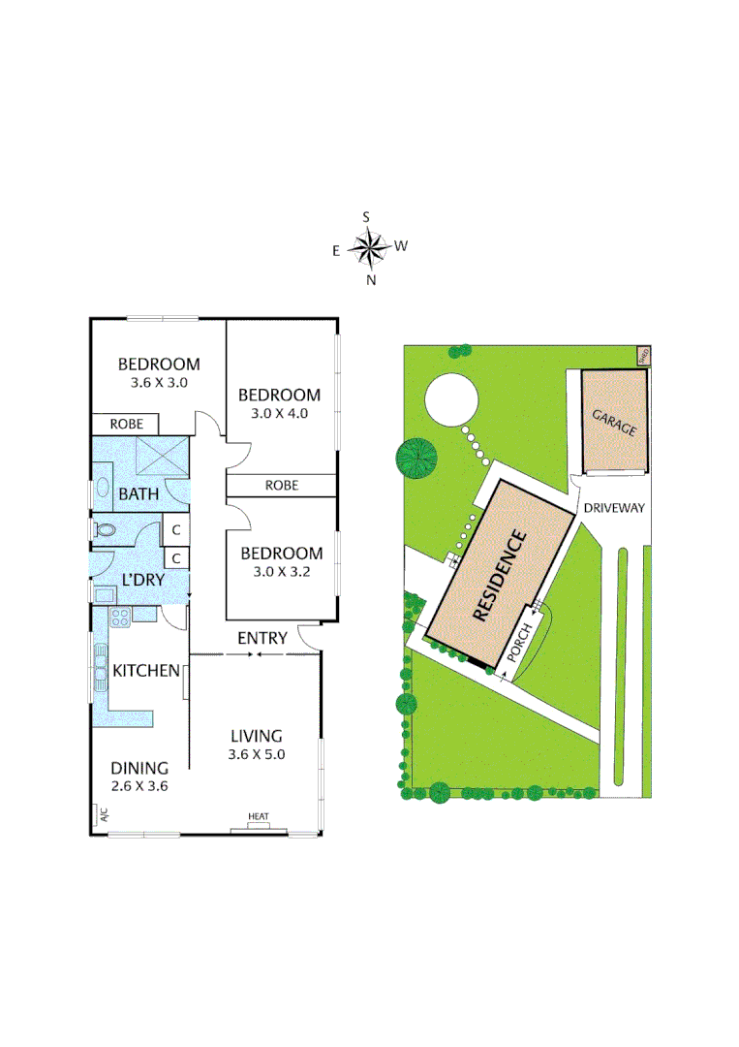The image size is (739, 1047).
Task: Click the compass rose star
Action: [368, 249]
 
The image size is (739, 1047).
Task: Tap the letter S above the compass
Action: [367, 217]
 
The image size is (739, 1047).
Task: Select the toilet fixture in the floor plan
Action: [106, 530]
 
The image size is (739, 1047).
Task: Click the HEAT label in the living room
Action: [259, 817]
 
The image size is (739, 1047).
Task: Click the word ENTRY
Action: [262, 638]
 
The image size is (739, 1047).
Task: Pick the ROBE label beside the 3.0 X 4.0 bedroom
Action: [282, 485]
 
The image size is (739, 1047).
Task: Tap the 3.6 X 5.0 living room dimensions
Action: [257, 753]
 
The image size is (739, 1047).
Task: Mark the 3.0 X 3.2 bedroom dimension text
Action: [281, 572]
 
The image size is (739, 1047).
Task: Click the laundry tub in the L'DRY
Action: [104, 593]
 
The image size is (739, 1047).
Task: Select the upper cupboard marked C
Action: [176, 530]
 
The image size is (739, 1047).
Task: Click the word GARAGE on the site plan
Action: [614, 422]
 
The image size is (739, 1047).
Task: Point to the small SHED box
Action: [642, 355]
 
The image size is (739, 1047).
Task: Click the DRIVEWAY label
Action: [614, 507]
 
